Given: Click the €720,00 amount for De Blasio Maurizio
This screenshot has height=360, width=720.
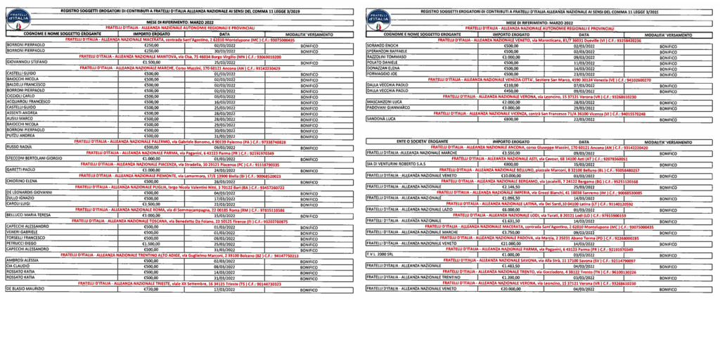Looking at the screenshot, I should click(151, 289).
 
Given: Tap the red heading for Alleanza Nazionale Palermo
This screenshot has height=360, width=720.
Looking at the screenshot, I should click(180, 142).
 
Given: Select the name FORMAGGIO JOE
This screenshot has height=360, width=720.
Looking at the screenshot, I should click(382, 73).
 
